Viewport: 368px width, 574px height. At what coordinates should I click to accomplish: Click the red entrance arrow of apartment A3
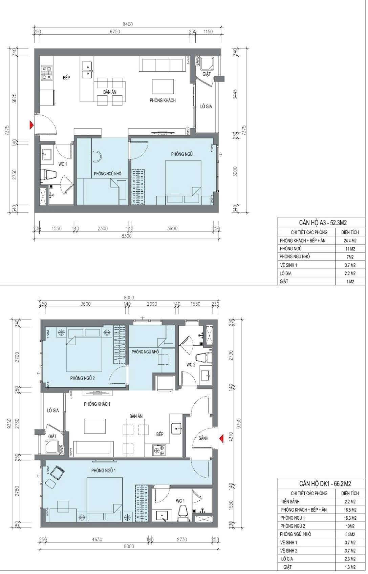32,125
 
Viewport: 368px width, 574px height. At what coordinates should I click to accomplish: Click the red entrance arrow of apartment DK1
221,438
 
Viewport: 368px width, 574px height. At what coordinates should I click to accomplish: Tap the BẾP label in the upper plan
66,77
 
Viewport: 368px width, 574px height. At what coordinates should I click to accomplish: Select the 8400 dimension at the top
128,24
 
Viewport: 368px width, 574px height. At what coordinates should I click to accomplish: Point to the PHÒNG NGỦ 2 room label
83,378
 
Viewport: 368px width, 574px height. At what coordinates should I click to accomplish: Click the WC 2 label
191,365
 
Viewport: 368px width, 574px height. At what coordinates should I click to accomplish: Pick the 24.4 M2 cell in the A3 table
350,241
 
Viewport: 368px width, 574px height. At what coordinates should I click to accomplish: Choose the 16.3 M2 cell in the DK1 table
350,518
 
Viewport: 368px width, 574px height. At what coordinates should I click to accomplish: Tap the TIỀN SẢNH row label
290,501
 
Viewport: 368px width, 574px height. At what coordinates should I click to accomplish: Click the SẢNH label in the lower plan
203,438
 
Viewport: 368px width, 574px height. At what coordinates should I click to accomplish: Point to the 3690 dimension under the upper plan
172,228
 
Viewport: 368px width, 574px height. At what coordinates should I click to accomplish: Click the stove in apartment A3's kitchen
47,73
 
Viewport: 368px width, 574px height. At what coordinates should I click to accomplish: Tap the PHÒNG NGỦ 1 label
104,471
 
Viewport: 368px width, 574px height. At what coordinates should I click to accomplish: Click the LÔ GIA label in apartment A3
206,106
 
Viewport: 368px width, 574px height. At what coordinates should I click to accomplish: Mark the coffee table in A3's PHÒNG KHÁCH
163,87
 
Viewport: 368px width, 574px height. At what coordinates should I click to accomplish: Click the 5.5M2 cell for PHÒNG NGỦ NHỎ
350,534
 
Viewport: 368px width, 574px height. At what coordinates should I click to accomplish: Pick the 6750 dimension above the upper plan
115,32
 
